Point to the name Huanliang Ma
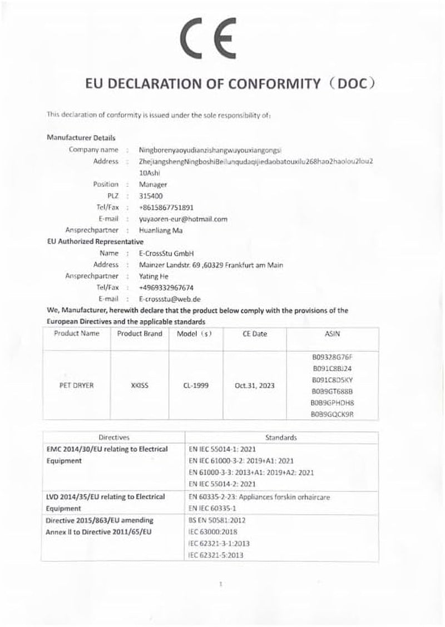161,230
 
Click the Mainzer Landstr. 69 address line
211,265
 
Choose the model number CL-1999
195,384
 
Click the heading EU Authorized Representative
95,242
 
